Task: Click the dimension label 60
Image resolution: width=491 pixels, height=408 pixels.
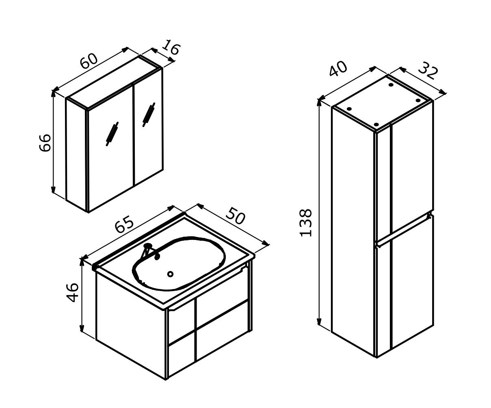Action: pos(89,61)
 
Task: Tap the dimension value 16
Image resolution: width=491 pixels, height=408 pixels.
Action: pos(171,47)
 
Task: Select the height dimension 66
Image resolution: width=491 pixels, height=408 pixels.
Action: pos(45,142)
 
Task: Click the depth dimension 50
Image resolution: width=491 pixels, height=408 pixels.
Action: pos(235,216)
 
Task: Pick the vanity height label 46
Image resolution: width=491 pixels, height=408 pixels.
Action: pos(72,293)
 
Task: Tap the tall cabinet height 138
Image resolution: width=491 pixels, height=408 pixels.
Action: pos(306,223)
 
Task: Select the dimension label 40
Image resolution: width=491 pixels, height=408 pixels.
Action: pos(338,69)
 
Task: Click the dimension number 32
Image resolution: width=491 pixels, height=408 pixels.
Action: pos(428,70)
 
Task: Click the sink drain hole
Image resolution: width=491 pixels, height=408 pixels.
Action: pos(170,274)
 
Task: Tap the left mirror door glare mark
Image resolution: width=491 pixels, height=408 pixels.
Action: pos(112,134)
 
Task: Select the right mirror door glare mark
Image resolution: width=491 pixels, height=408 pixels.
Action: pos(149,115)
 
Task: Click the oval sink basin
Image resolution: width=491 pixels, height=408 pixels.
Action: pos(179,263)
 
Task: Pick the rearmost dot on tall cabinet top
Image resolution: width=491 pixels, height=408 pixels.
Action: pos(391,84)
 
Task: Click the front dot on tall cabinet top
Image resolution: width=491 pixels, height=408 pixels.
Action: pos(376,124)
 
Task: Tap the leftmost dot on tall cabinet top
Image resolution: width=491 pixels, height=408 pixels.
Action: pos(349,109)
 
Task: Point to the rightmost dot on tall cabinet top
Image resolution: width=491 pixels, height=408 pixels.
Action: pos(418,100)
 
